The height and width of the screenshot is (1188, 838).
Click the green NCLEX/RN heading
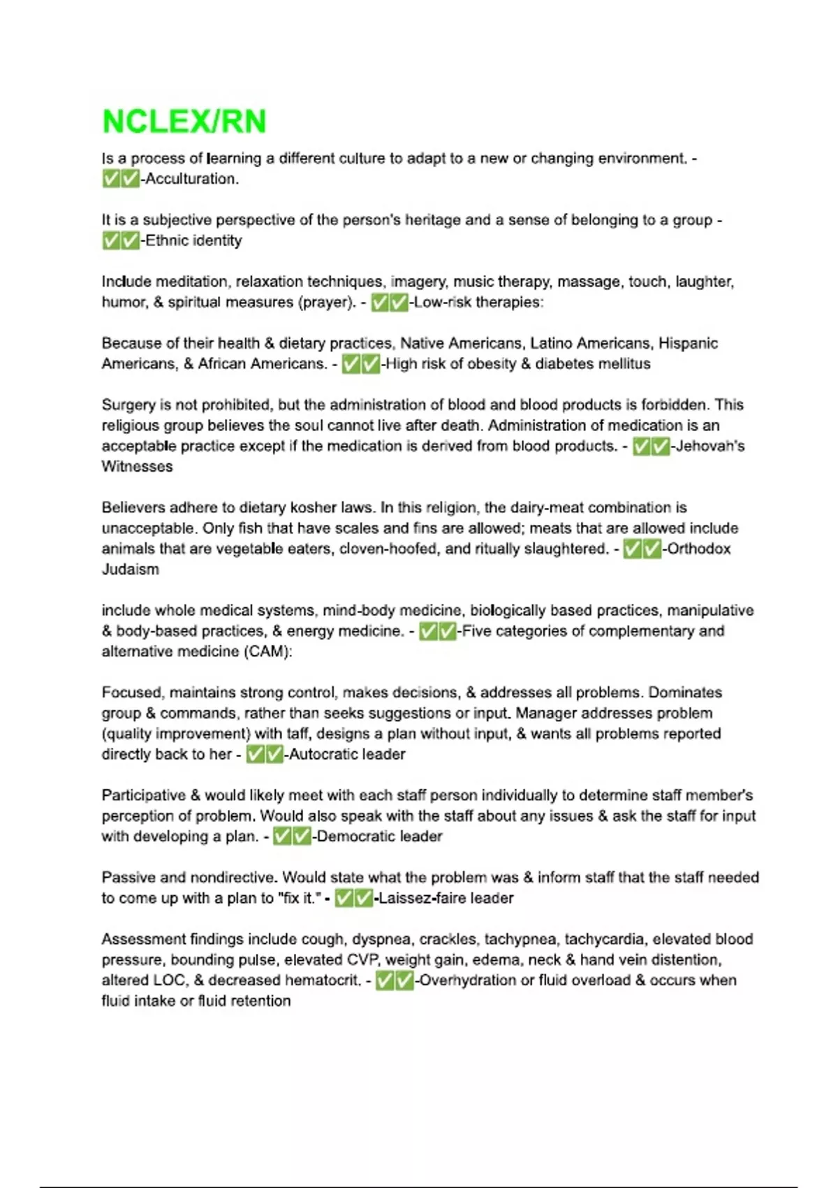click(184, 122)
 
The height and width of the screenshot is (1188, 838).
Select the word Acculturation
click(191, 179)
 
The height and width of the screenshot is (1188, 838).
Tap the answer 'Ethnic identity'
click(193, 240)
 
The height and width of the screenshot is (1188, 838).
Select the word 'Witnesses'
click(137, 466)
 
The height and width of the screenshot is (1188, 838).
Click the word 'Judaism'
click(131, 569)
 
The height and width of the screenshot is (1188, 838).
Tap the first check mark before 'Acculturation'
click(111, 179)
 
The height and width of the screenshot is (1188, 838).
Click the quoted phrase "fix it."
click(298, 898)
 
